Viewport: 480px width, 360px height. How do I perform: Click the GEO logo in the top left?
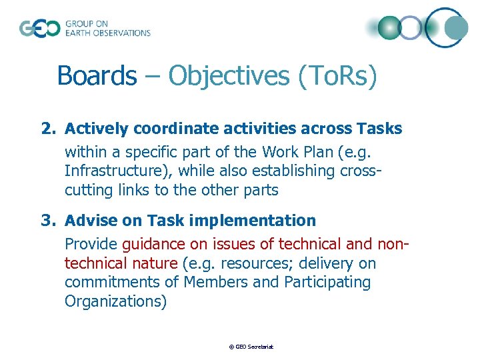(x=39, y=29)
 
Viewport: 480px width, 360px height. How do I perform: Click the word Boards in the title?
(x=96, y=75)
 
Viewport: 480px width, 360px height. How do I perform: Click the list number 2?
(x=48, y=129)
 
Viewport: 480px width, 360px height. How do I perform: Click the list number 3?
(x=48, y=221)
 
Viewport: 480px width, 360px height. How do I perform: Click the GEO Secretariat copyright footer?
(x=251, y=347)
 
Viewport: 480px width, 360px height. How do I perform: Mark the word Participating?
(x=327, y=282)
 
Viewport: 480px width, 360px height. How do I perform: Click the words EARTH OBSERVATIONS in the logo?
(x=107, y=33)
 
